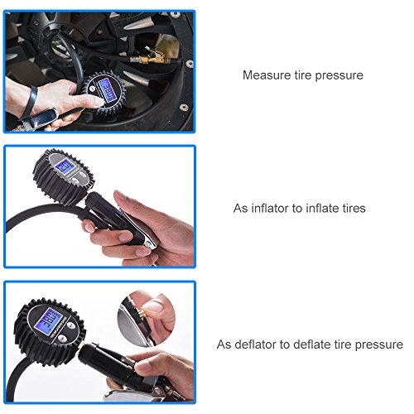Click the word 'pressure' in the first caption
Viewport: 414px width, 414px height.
(340, 75)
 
